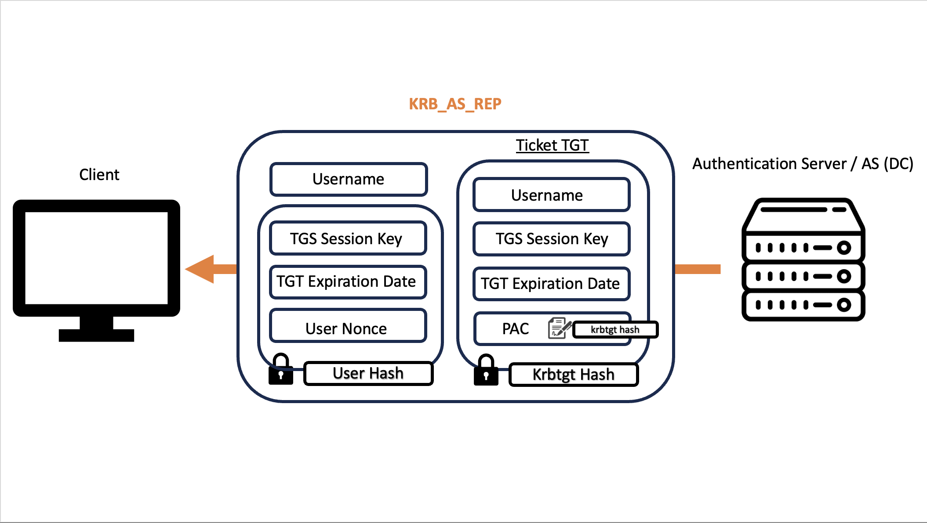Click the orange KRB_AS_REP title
pyautogui.click(x=455, y=104)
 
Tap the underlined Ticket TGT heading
pyautogui.click(x=552, y=145)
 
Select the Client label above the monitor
pyautogui.click(x=99, y=175)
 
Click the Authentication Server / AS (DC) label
pyautogui.click(x=803, y=164)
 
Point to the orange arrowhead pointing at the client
pyautogui.click(x=200, y=269)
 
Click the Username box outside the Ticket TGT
pyautogui.click(x=349, y=179)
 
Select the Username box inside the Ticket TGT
pyautogui.click(x=552, y=195)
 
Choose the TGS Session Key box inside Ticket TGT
pyautogui.click(x=552, y=239)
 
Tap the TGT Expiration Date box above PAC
pyautogui.click(x=552, y=284)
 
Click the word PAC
pyautogui.click(x=516, y=329)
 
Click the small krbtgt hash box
pyautogui.click(x=615, y=330)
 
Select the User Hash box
pyautogui.click(x=368, y=373)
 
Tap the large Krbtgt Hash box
pyautogui.click(x=574, y=375)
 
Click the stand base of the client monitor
pyautogui.click(x=96, y=335)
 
